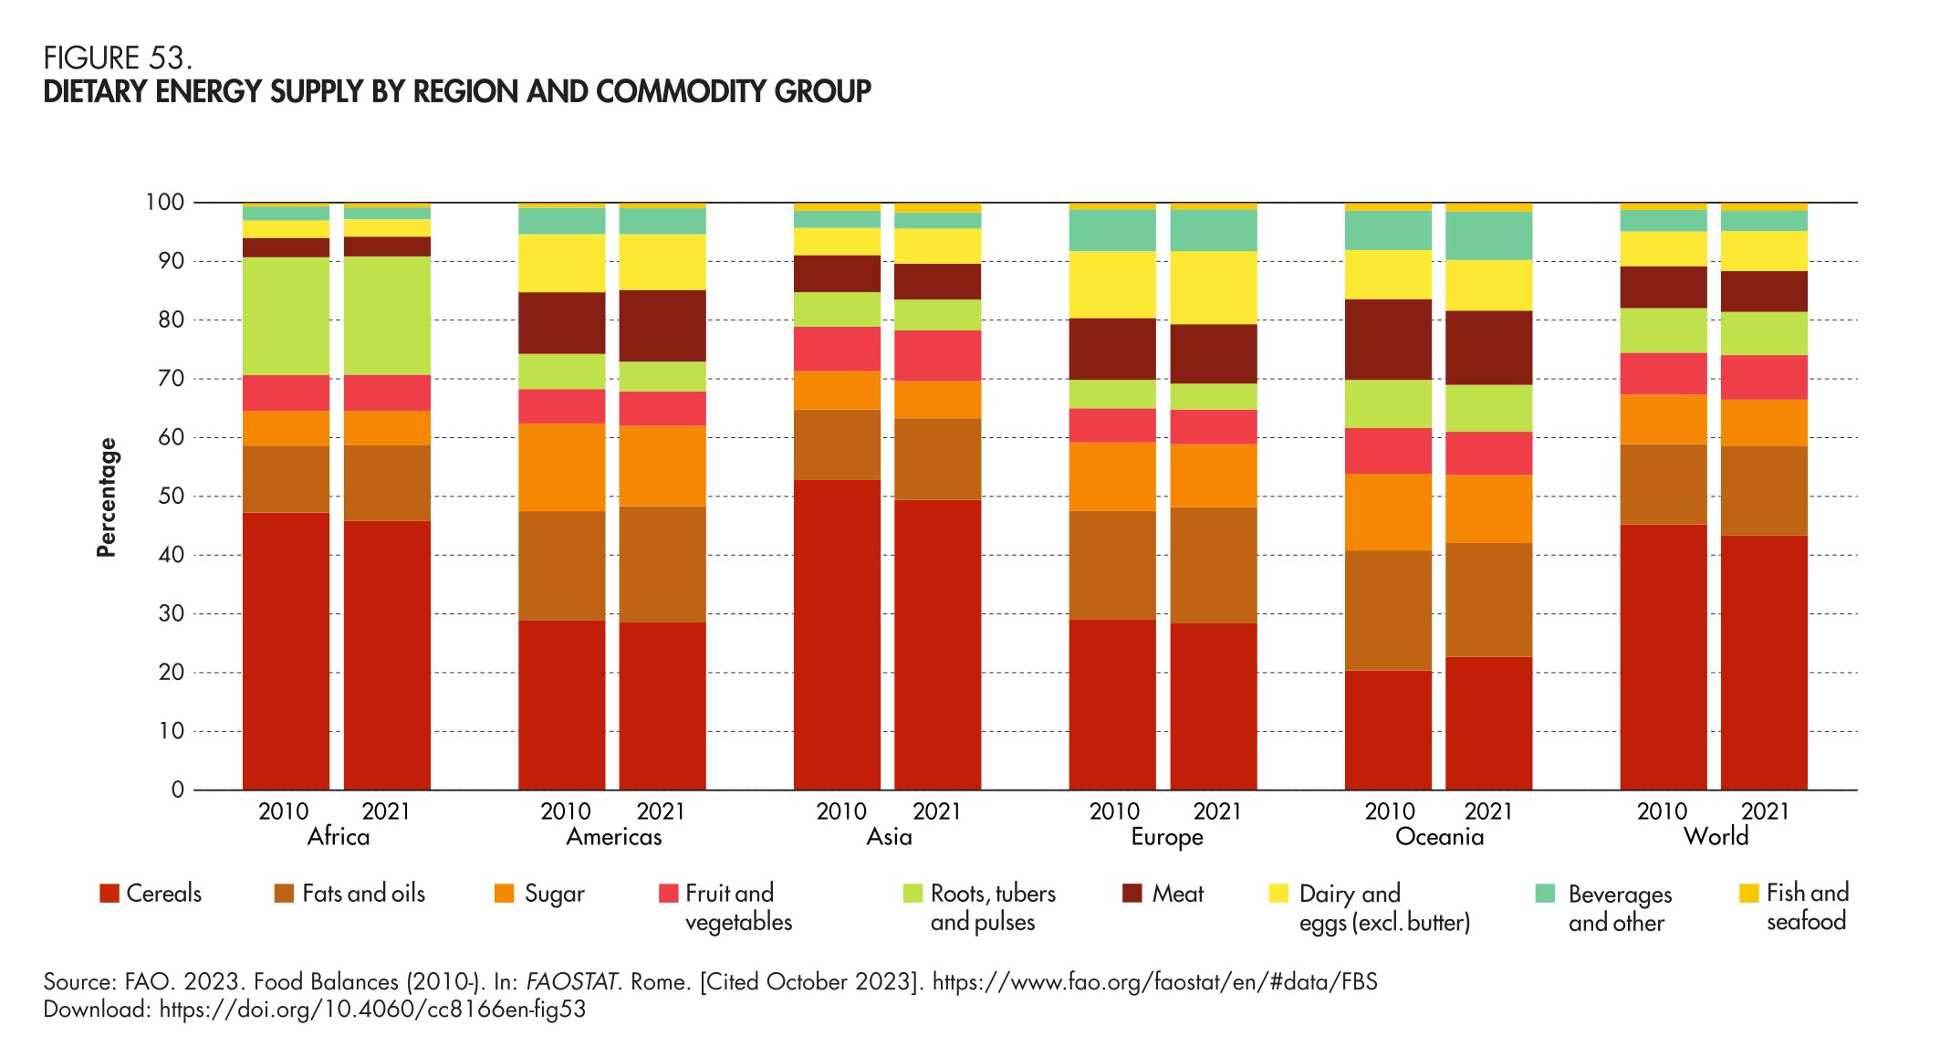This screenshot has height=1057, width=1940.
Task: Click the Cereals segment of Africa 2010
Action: point(286,651)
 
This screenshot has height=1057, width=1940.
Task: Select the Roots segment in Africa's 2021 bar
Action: point(387,316)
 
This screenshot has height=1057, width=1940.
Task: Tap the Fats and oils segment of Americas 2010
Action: point(561,566)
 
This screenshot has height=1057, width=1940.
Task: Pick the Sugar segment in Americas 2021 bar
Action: point(662,466)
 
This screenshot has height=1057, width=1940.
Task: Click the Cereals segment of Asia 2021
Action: point(937,644)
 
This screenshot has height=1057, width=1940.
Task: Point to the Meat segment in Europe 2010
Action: point(1112,349)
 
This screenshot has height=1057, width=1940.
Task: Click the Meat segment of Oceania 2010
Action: point(1388,340)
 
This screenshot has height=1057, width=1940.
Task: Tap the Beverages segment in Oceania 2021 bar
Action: point(1488,235)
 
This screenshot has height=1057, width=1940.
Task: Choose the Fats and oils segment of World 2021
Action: point(1764,490)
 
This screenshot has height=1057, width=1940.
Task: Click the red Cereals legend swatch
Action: point(110,894)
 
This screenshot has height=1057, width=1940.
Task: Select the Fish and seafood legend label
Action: point(1807,906)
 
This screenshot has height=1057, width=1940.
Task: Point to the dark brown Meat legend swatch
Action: point(1132,894)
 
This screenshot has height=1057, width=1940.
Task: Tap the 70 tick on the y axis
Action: point(172,379)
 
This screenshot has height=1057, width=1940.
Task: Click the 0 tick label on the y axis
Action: point(178,790)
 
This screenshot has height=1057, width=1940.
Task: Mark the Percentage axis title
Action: point(108,497)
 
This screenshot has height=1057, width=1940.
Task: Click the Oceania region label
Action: point(1439,837)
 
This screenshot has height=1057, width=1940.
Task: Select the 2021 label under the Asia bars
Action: point(937,811)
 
